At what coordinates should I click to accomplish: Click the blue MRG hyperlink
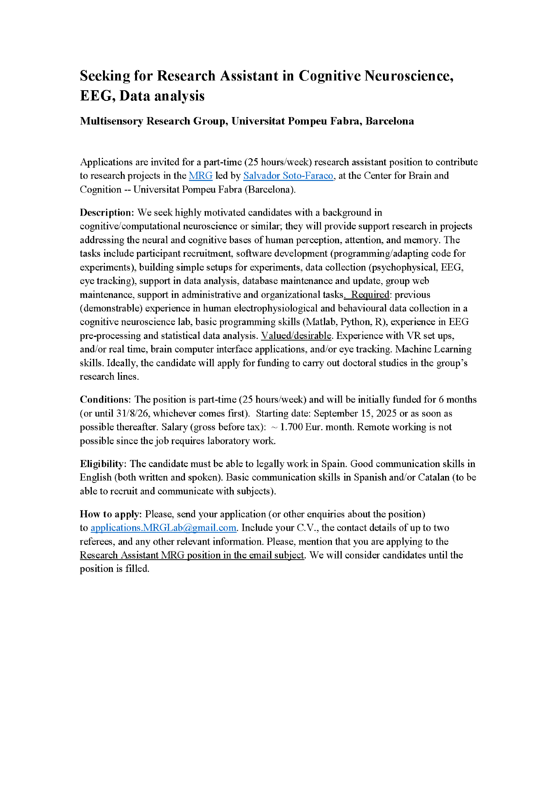click(x=200, y=176)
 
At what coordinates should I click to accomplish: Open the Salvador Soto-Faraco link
click(x=288, y=176)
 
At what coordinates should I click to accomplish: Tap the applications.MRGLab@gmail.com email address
click(x=163, y=528)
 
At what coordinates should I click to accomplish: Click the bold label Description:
click(x=107, y=212)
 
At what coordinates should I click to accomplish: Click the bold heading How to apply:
click(x=110, y=514)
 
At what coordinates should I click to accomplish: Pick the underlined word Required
click(x=370, y=295)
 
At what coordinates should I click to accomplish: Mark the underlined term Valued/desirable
click(x=296, y=336)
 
